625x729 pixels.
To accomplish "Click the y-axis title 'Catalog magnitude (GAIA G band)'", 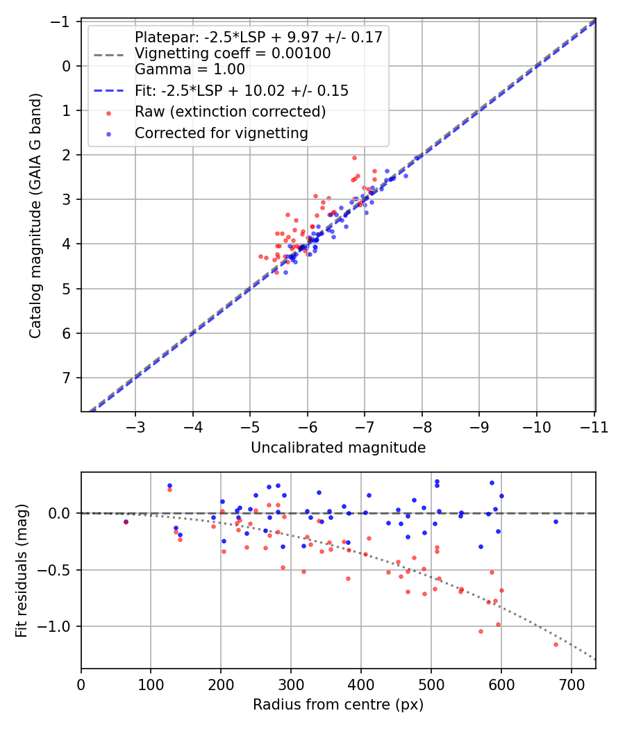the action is [x=35, y=216].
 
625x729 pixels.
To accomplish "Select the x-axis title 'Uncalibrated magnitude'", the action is [x=338, y=447].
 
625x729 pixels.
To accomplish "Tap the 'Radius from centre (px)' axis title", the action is [x=338, y=705].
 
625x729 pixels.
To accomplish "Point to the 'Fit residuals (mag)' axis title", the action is [x=22, y=571].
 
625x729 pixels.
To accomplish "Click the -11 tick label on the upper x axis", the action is [x=594, y=427].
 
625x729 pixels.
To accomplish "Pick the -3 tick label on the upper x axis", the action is [x=135, y=427].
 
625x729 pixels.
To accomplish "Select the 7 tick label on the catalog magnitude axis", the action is [x=67, y=378].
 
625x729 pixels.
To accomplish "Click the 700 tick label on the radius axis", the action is [x=571, y=685].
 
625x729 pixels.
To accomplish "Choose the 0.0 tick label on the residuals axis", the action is [x=59, y=513].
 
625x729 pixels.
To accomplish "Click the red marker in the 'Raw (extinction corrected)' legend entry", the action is [x=109, y=113].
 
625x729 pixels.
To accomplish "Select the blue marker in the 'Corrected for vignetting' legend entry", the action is [x=109, y=135].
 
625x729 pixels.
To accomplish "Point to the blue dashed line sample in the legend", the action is [x=109, y=91].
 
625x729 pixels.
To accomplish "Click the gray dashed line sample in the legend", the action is [x=109, y=55].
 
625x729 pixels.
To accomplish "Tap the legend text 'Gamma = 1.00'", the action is [x=190, y=69].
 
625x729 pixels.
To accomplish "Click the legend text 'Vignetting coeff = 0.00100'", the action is [x=233, y=53].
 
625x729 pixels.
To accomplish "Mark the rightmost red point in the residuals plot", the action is [x=556, y=644].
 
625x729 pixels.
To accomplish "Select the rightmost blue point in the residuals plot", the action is [x=556, y=521].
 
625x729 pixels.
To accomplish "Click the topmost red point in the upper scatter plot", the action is [x=354, y=158].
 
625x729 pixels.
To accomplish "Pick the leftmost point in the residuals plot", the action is [x=126, y=521].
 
